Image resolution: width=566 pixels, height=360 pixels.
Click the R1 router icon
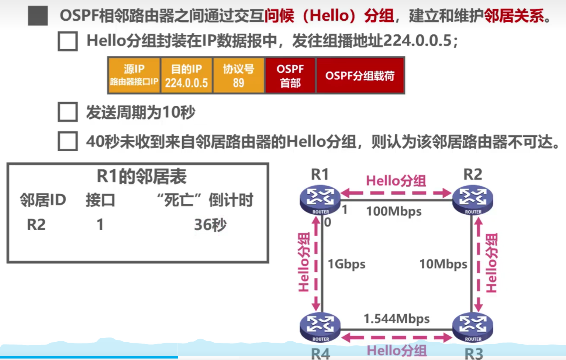pos(320,200)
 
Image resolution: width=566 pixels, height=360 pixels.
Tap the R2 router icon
pos(473,200)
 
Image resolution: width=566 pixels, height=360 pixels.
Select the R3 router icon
pos(473,327)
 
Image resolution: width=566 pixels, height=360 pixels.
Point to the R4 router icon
pos(320,327)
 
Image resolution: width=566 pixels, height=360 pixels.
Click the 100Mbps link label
pos(394,212)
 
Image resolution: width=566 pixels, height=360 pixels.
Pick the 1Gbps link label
pos(346,264)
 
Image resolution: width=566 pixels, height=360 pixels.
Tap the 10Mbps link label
pos(443,264)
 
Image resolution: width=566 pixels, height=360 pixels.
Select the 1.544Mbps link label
pos(397,319)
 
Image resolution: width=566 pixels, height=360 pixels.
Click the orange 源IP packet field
pos(134,75)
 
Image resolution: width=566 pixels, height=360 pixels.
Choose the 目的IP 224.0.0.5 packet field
pos(186,75)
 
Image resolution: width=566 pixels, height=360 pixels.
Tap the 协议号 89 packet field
pos(238,75)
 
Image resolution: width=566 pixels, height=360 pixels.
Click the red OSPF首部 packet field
pos(290,75)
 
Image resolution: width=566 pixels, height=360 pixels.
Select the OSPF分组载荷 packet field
pos(360,75)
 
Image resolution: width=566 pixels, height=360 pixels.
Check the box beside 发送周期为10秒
pos(68,112)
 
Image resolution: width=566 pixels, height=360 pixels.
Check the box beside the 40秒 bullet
pos(68,141)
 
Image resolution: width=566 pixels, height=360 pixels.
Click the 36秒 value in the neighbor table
pos(210,225)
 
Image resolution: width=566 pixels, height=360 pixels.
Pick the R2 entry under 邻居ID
pos(36,225)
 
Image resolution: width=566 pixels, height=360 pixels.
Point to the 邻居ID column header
pos(43,200)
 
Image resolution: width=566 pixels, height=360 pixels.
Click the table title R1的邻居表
pos(142,176)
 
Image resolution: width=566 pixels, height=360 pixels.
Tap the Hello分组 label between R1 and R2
pos(396,181)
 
